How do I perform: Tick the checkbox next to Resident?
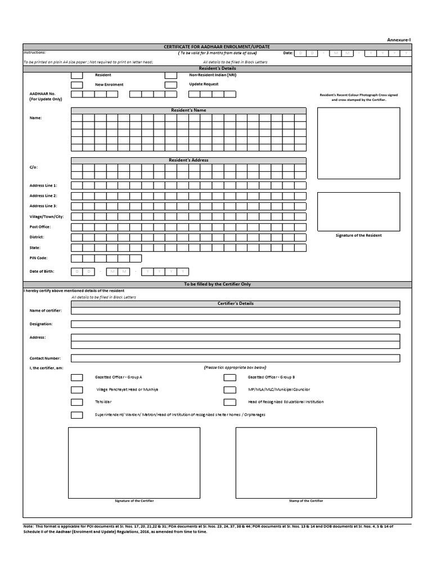coord(77,75)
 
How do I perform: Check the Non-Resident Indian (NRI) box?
coord(171,75)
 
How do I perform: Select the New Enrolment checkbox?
coord(77,85)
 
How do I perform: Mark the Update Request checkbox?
coord(171,85)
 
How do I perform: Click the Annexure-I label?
coord(399,39)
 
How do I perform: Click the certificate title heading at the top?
coord(217,47)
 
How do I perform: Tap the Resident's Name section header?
coord(188,110)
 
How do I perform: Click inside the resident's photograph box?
coord(358,142)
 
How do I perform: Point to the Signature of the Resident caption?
coord(358,236)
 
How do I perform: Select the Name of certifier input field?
coord(235,310)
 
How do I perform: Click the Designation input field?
coord(235,324)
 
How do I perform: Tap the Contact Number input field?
coord(235,358)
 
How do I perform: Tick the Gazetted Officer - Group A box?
coord(77,377)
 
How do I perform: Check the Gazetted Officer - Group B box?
coord(229,377)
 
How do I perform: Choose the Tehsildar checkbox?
coord(77,402)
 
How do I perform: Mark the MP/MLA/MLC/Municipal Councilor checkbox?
coord(229,390)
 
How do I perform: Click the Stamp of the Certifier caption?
coord(305,500)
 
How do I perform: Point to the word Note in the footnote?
coord(28,526)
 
